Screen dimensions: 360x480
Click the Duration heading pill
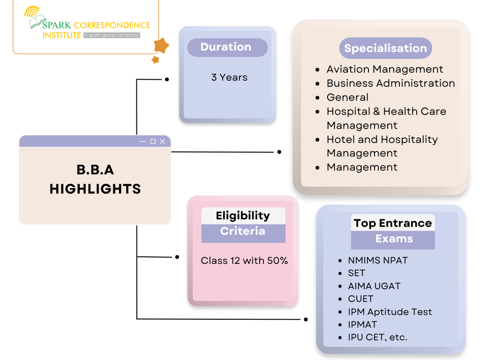pyautogui.click(x=227, y=47)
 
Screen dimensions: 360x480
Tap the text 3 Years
pyautogui.click(x=229, y=77)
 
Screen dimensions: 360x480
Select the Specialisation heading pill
pyautogui.click(x=385, y=48)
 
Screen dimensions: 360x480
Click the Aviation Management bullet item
pyautogui.click(x=384, y=69)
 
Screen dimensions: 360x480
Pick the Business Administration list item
pyautogui.click(x=390, y=83)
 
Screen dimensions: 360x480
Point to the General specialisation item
pyautogui.click(x=347, y=97)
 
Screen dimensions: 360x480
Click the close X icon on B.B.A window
pyautogui.click(x=162, y=142)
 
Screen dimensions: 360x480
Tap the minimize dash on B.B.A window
pyautogui.click(x=143, y=142)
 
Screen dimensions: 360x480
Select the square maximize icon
pyautogui.click(x=153, y=142)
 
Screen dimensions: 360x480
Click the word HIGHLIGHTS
pyautogui.click(x=95, y=189)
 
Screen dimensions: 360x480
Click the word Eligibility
pyautogui.click(x=243, y=216)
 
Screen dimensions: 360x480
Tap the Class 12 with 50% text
pyautogui.click(x=244, y=261)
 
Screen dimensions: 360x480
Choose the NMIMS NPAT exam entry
pyautogui.click(x=378, y=261)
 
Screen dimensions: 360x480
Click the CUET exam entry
pyautogui.click(x=360, y=299)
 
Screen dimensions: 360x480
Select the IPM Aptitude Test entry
pyautogui.click(x=390, y=312)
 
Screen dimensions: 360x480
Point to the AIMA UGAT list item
pyautogui.click(x=374, y=286)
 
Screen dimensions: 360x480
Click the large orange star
pyautogui.click(x=162, y=45)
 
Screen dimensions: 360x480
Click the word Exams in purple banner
pyautogui.click(x=394, y=239)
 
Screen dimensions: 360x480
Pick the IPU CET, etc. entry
pyautogui.click(x=377, y=337)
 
